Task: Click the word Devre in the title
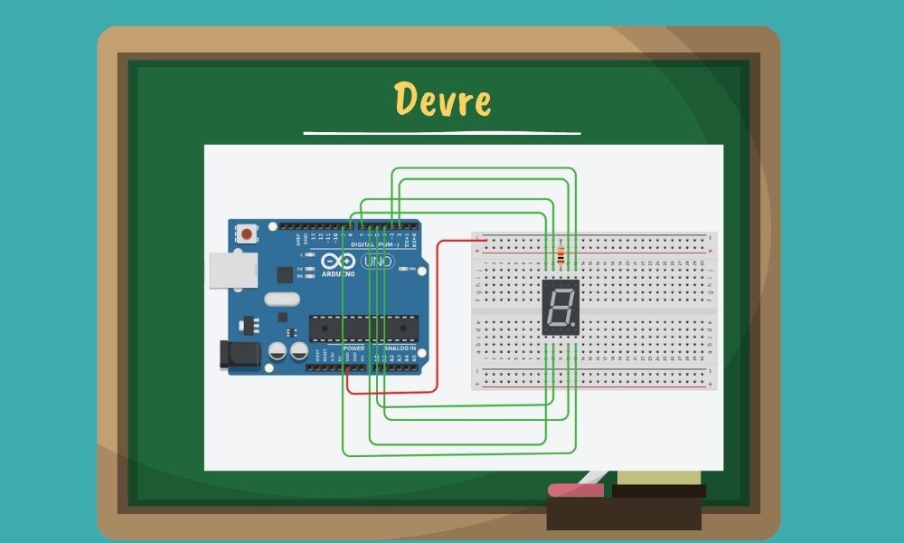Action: coord(443,100)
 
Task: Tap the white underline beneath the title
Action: coord(441,133)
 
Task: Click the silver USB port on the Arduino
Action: coord(232,270)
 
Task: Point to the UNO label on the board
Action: coord(378,262)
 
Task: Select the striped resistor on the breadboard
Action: coord(562,256)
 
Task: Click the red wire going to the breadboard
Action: coord(438,312)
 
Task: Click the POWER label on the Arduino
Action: coord(353,348)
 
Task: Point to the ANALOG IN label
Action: coord(400,348)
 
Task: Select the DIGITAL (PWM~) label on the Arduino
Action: coord(371,244)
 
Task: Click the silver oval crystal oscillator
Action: coord(282,300)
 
